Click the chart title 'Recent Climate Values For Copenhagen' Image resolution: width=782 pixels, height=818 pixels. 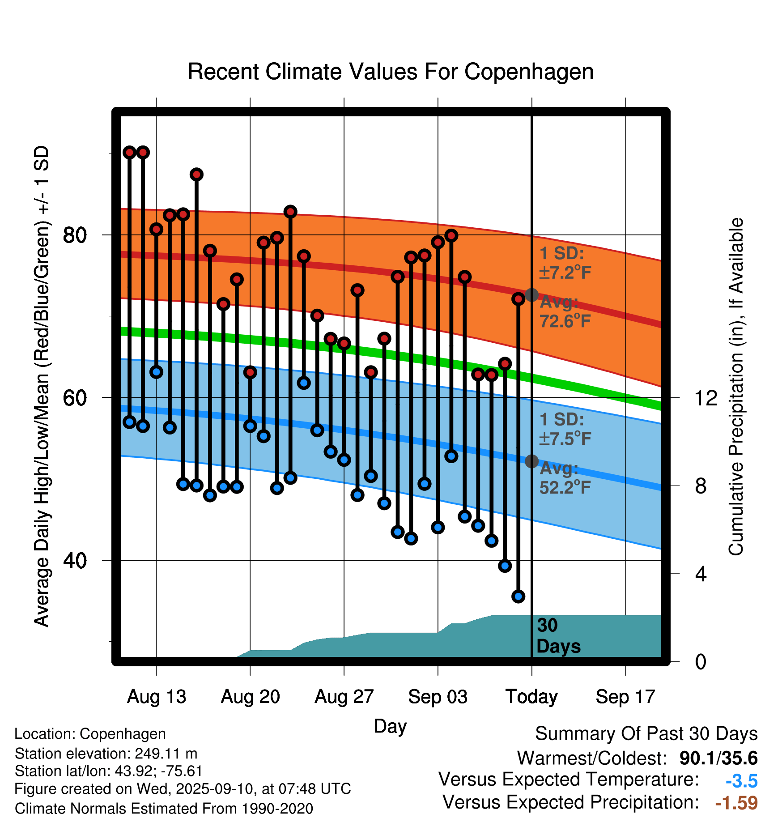coord(391,72)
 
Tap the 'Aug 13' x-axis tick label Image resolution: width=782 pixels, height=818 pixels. coord(156,697)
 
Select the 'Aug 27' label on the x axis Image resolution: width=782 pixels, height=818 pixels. coord(344,697)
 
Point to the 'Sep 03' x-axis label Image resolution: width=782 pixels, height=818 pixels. coord(438,697)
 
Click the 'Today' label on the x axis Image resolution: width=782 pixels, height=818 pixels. coord(531,697)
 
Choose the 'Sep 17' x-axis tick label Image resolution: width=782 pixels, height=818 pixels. coord(625,697)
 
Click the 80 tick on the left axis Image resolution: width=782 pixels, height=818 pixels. coord(75,235)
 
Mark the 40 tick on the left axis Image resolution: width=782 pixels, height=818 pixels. coord(75,560)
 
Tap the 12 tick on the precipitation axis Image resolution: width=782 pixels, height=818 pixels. coord(705,398)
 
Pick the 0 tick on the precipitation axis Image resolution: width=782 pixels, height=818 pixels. coord(701,661)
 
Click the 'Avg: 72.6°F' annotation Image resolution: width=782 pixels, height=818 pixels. coord(565,312)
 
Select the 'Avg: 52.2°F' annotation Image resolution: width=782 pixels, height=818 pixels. coord(565,478)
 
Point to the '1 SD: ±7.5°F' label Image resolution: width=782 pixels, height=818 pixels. coord(565,429)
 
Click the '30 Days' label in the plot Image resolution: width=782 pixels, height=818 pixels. coord(558,636)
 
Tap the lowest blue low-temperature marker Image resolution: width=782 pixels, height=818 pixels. coord(518,596)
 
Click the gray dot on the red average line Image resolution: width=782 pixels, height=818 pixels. coord(531,295)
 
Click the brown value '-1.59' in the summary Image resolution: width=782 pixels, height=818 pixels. coord(736,803)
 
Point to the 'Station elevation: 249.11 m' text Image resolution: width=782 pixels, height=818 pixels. coord(106,754)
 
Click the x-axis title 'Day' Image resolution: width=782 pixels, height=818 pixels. coord(390,726)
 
